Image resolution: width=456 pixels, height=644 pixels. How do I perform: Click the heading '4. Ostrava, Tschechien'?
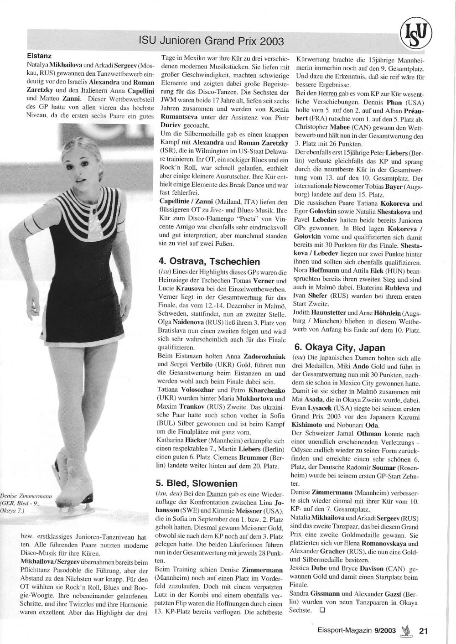pos(209,262)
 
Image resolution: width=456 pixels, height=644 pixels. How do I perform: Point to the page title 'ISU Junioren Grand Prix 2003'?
pos(211,42)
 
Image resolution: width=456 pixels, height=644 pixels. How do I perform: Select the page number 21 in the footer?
pos(423,631)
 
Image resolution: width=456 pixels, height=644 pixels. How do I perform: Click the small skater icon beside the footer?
pos(404,631)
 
